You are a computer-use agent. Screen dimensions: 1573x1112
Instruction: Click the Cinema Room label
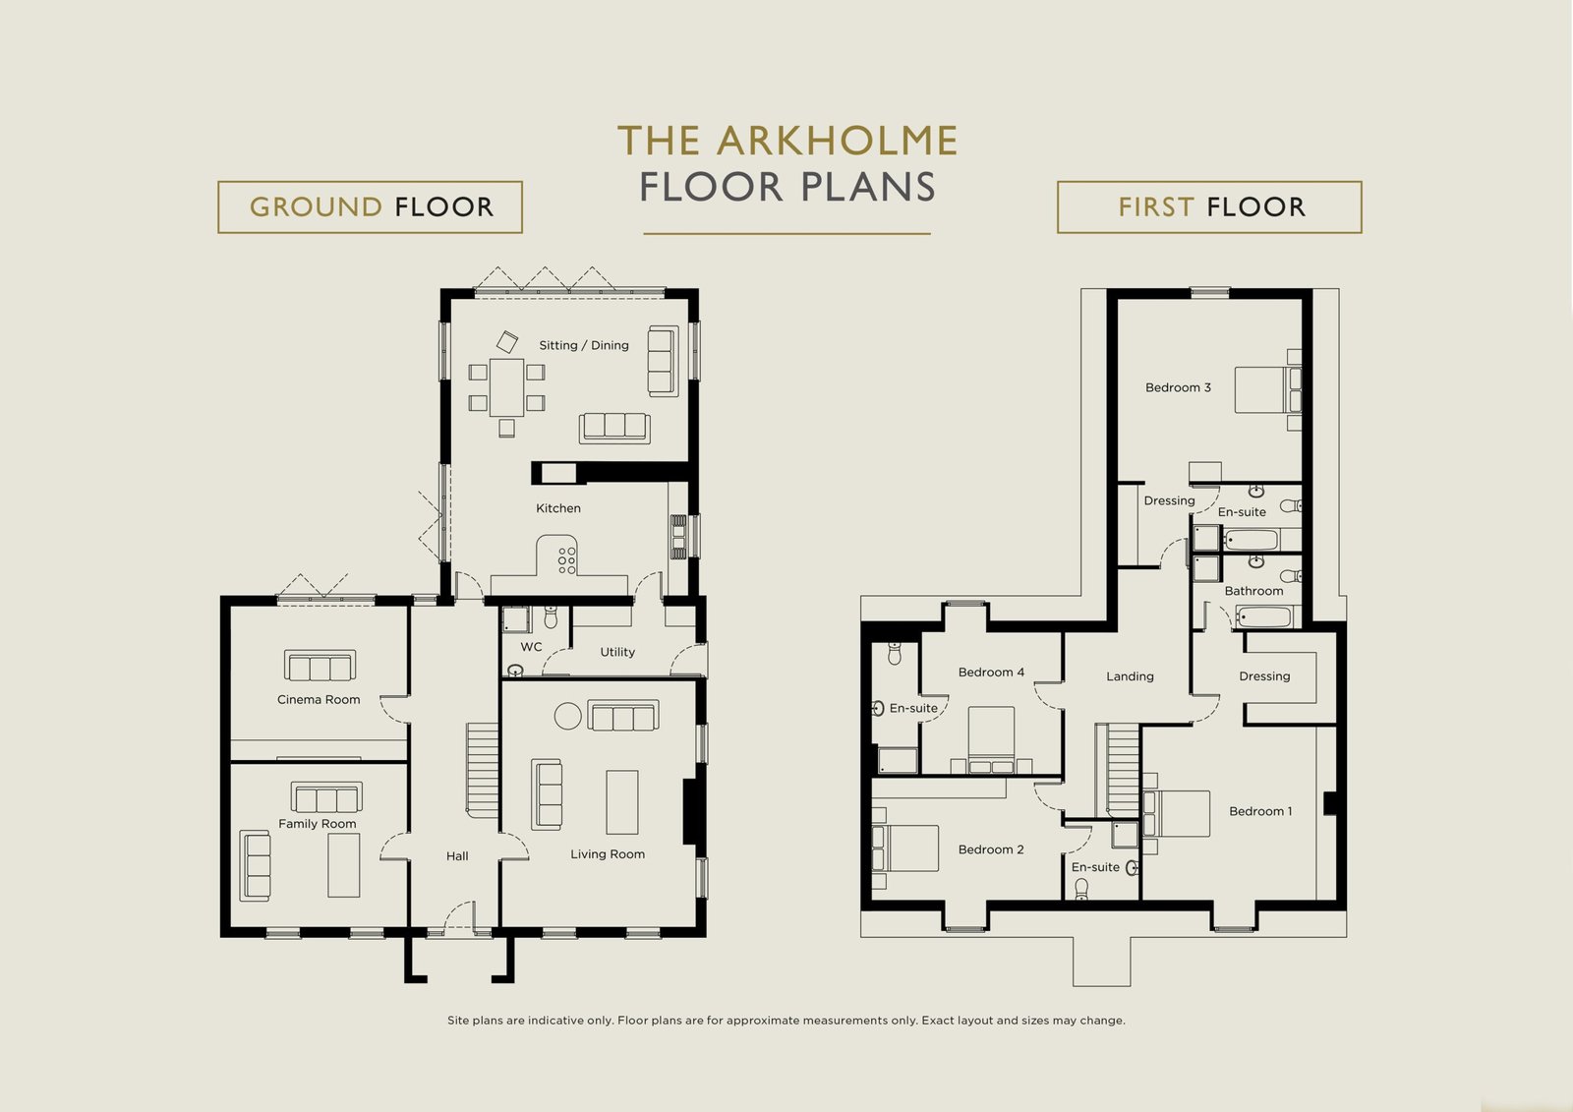tap(319, 700)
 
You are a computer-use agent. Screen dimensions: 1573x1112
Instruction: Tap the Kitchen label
tap(558, 508)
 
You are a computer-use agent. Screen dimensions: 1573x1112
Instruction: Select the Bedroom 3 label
tap(1178, 387)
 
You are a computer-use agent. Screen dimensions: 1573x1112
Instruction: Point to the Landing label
tap(1130, 676)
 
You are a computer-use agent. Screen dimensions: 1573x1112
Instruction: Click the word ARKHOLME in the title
tap(837, 141)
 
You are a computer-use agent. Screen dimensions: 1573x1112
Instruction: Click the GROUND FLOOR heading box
tap(370, 207)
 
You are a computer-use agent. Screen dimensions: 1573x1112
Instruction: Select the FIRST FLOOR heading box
tap(1209, 207)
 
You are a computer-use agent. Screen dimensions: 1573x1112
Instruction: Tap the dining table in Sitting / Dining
tap(506, 387)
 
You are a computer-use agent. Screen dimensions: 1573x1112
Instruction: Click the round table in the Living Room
tap(567, 716)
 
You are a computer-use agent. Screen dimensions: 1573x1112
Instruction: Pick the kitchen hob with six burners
tap(566, 559)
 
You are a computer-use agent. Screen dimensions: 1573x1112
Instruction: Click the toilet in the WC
tap(551, 616)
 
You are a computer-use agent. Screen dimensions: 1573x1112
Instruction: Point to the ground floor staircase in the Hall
tap(483, 770)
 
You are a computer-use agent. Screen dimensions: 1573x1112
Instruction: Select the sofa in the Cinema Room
tap(320, 666)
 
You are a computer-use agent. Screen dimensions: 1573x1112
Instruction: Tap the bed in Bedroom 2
tap(904, 848)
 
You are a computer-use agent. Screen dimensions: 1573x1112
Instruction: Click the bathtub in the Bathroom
tap(1263, 616)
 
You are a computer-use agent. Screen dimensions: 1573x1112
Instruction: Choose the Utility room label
tap(617, 652)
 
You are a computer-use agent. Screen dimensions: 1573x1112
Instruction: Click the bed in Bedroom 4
tap(991, 739)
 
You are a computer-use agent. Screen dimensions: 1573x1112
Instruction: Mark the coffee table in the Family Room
tap(343, 865)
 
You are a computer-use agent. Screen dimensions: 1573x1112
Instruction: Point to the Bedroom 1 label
tap(1260, 811)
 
